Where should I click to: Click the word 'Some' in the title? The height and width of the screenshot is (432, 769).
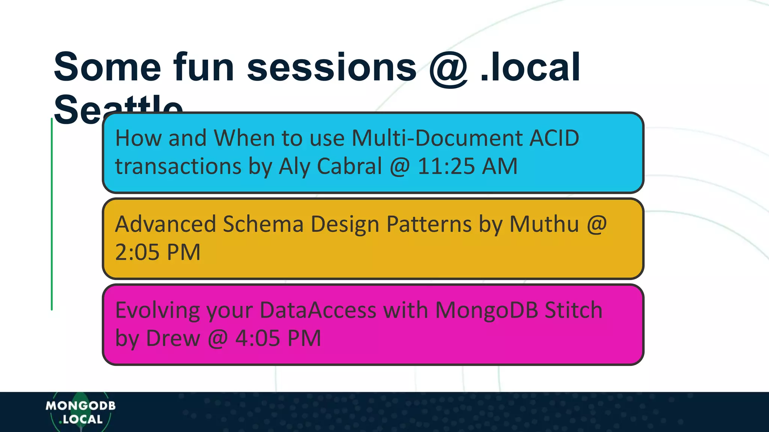tap(107, 67)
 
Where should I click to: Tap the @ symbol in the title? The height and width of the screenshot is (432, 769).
tap(448, 68)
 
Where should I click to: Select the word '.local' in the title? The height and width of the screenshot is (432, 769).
tap(530, 67)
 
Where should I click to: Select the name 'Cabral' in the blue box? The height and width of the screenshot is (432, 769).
tap(349, 166)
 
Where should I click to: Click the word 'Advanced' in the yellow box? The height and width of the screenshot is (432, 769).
tap(165, 224)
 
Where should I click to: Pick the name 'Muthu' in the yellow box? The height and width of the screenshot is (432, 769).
tap(544, 224)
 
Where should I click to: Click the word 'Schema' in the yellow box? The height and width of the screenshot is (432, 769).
tap(263, 224)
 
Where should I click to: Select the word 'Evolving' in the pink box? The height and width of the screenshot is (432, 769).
tap(157, 311)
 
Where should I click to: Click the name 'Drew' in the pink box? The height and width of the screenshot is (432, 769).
tap(173, 338)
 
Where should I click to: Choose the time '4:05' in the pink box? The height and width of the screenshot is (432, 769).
tap(257, 338)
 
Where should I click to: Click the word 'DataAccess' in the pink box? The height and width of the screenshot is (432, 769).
tap(318, 310)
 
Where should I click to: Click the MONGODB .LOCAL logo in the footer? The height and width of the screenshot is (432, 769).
tap(80, 412)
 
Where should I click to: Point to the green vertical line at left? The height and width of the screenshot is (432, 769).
tap(52, 214)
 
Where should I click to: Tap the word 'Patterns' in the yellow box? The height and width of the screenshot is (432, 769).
tap(429, 224)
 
